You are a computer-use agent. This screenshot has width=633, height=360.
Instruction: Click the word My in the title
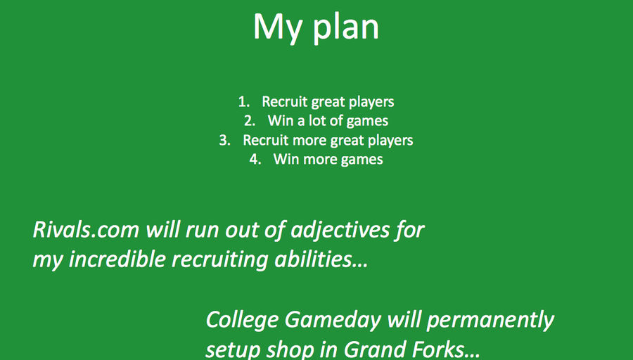point(278,27)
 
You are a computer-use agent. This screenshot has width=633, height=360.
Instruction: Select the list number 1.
point(244,102)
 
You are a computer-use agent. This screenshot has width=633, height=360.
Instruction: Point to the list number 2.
point(250,121)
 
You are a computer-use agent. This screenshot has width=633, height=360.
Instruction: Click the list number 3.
point(225,140)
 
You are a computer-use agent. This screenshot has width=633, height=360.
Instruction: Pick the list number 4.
point(255,159)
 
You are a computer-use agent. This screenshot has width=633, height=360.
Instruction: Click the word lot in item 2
point(317,121)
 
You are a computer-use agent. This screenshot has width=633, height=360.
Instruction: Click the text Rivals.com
point(86,229)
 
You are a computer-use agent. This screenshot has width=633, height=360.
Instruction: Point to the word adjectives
point(340,231)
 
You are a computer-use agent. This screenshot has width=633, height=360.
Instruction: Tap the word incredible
point(117,259)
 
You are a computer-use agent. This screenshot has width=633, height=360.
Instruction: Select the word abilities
point(321,259)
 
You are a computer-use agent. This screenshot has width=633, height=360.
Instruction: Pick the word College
point(243,321)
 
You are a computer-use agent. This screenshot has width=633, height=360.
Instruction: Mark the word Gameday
point(333,321)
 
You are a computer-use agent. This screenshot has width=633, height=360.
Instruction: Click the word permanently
point(490,321)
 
